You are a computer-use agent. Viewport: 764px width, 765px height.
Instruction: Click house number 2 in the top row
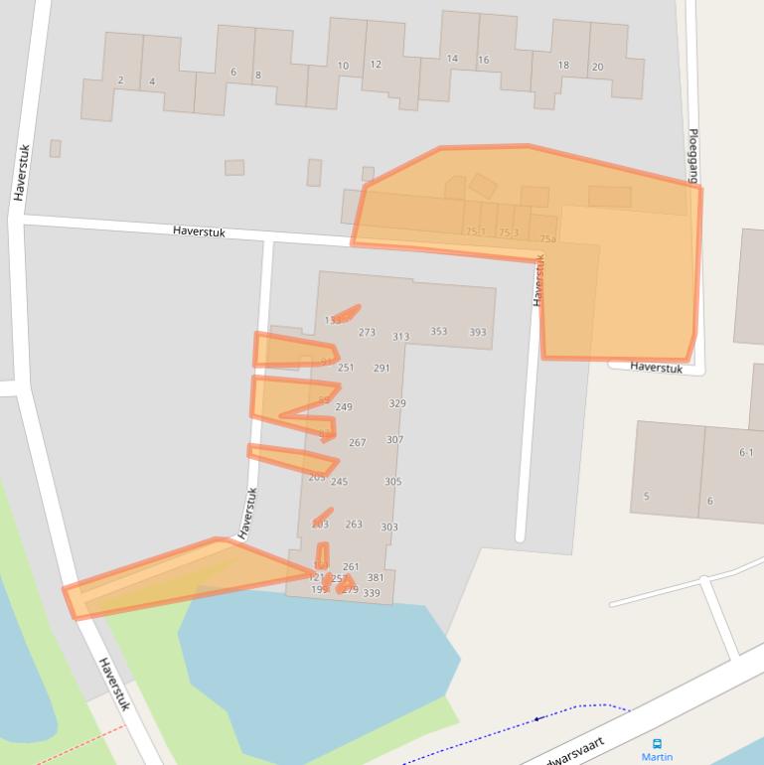click(120, 80)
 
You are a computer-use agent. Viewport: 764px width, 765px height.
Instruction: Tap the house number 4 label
click(152, 81)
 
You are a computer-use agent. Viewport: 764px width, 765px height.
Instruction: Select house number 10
click(343, 67)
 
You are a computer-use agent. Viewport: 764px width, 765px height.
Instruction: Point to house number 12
click(376, 65)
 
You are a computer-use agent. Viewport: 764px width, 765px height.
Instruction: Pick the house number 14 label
click(452, 59)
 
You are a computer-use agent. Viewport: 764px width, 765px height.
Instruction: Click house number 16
click(483, 60)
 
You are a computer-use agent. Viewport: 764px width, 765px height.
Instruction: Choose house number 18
click(563, 66)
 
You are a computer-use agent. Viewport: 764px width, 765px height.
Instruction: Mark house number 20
click(597, 68)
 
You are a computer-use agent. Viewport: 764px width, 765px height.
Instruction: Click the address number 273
click(367, 333)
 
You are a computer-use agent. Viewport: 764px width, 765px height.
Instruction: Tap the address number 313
click(400, 337)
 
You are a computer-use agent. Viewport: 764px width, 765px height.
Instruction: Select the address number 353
click(438, 332)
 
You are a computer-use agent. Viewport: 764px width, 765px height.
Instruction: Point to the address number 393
click(478, 333)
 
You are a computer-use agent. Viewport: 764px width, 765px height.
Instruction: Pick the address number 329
click(397, 403)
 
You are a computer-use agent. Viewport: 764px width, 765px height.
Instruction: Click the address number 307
click(394, 440)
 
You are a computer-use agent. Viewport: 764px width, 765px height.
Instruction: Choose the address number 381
click(376, 577)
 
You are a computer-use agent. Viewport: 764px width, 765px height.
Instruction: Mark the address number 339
click(371, 593)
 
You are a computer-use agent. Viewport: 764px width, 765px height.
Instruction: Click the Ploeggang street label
click(693, 155)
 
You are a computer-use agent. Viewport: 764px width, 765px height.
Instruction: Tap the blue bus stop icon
click(657, 743)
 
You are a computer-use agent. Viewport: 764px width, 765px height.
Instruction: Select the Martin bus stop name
click(657, 757)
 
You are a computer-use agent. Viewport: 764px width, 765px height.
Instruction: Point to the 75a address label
click(547, 239)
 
